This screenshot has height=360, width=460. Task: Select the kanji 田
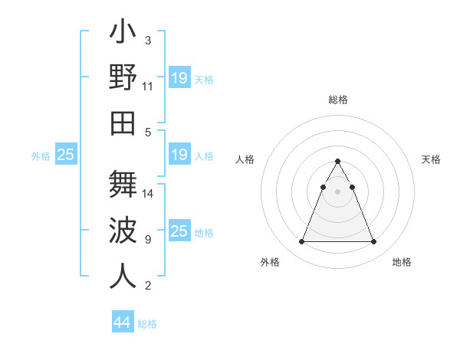tap(123, 123)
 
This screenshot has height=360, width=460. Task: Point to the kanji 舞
tap(123, 184)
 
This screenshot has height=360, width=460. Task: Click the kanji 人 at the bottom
tap(123, 277)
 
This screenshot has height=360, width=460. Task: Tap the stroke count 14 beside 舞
tap(149, 193)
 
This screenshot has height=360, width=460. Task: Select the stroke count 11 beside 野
tap(149, 86)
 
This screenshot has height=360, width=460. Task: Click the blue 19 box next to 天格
tap(179, 78)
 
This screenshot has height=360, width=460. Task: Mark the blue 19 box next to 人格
tap(179, 155)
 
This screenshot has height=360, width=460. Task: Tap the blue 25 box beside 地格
tap(179, 231)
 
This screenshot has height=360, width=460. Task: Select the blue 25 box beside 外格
tap(66, 155)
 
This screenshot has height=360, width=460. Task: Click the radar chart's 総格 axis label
tap(337, 100)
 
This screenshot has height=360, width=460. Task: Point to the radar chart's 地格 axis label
tap(402, 262)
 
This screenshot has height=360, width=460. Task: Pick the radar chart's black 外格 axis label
tap(270, 262)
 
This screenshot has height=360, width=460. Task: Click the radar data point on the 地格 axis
tap(373, 242)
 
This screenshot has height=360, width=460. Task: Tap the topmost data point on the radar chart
tap(337, 162)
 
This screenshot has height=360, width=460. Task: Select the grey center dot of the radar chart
tap(337, 191)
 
